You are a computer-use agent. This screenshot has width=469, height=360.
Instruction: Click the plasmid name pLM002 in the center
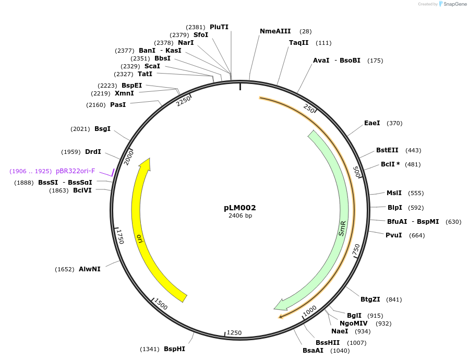pos(240,208)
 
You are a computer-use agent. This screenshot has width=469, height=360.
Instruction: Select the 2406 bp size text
pos(240,216)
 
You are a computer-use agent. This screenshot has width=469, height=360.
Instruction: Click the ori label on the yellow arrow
pos(139,238)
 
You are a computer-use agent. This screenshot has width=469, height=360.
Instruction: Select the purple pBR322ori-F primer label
pos(76,171)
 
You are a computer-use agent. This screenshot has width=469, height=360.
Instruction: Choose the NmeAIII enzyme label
pos(275,31)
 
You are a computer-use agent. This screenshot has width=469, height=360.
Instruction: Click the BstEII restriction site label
pos(388,150)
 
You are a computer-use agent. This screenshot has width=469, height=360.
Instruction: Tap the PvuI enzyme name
pos(393,235)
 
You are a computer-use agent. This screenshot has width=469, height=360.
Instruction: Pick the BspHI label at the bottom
pos(174,349)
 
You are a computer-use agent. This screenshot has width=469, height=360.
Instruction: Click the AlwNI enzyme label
pos(90,269)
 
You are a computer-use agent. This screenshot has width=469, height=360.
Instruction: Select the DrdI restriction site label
pos(93,152)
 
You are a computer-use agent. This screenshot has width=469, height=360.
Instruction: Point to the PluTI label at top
pos(219,27)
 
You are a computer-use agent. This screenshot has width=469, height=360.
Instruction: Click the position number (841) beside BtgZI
pos(394,299)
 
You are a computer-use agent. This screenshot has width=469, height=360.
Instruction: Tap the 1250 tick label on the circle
pos(234,333)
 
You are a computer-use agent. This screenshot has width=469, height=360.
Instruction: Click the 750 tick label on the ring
pos(356,250)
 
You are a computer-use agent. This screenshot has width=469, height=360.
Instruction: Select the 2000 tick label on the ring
pos(129,157)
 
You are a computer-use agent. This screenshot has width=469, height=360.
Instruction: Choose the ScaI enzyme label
pos(152,66)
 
